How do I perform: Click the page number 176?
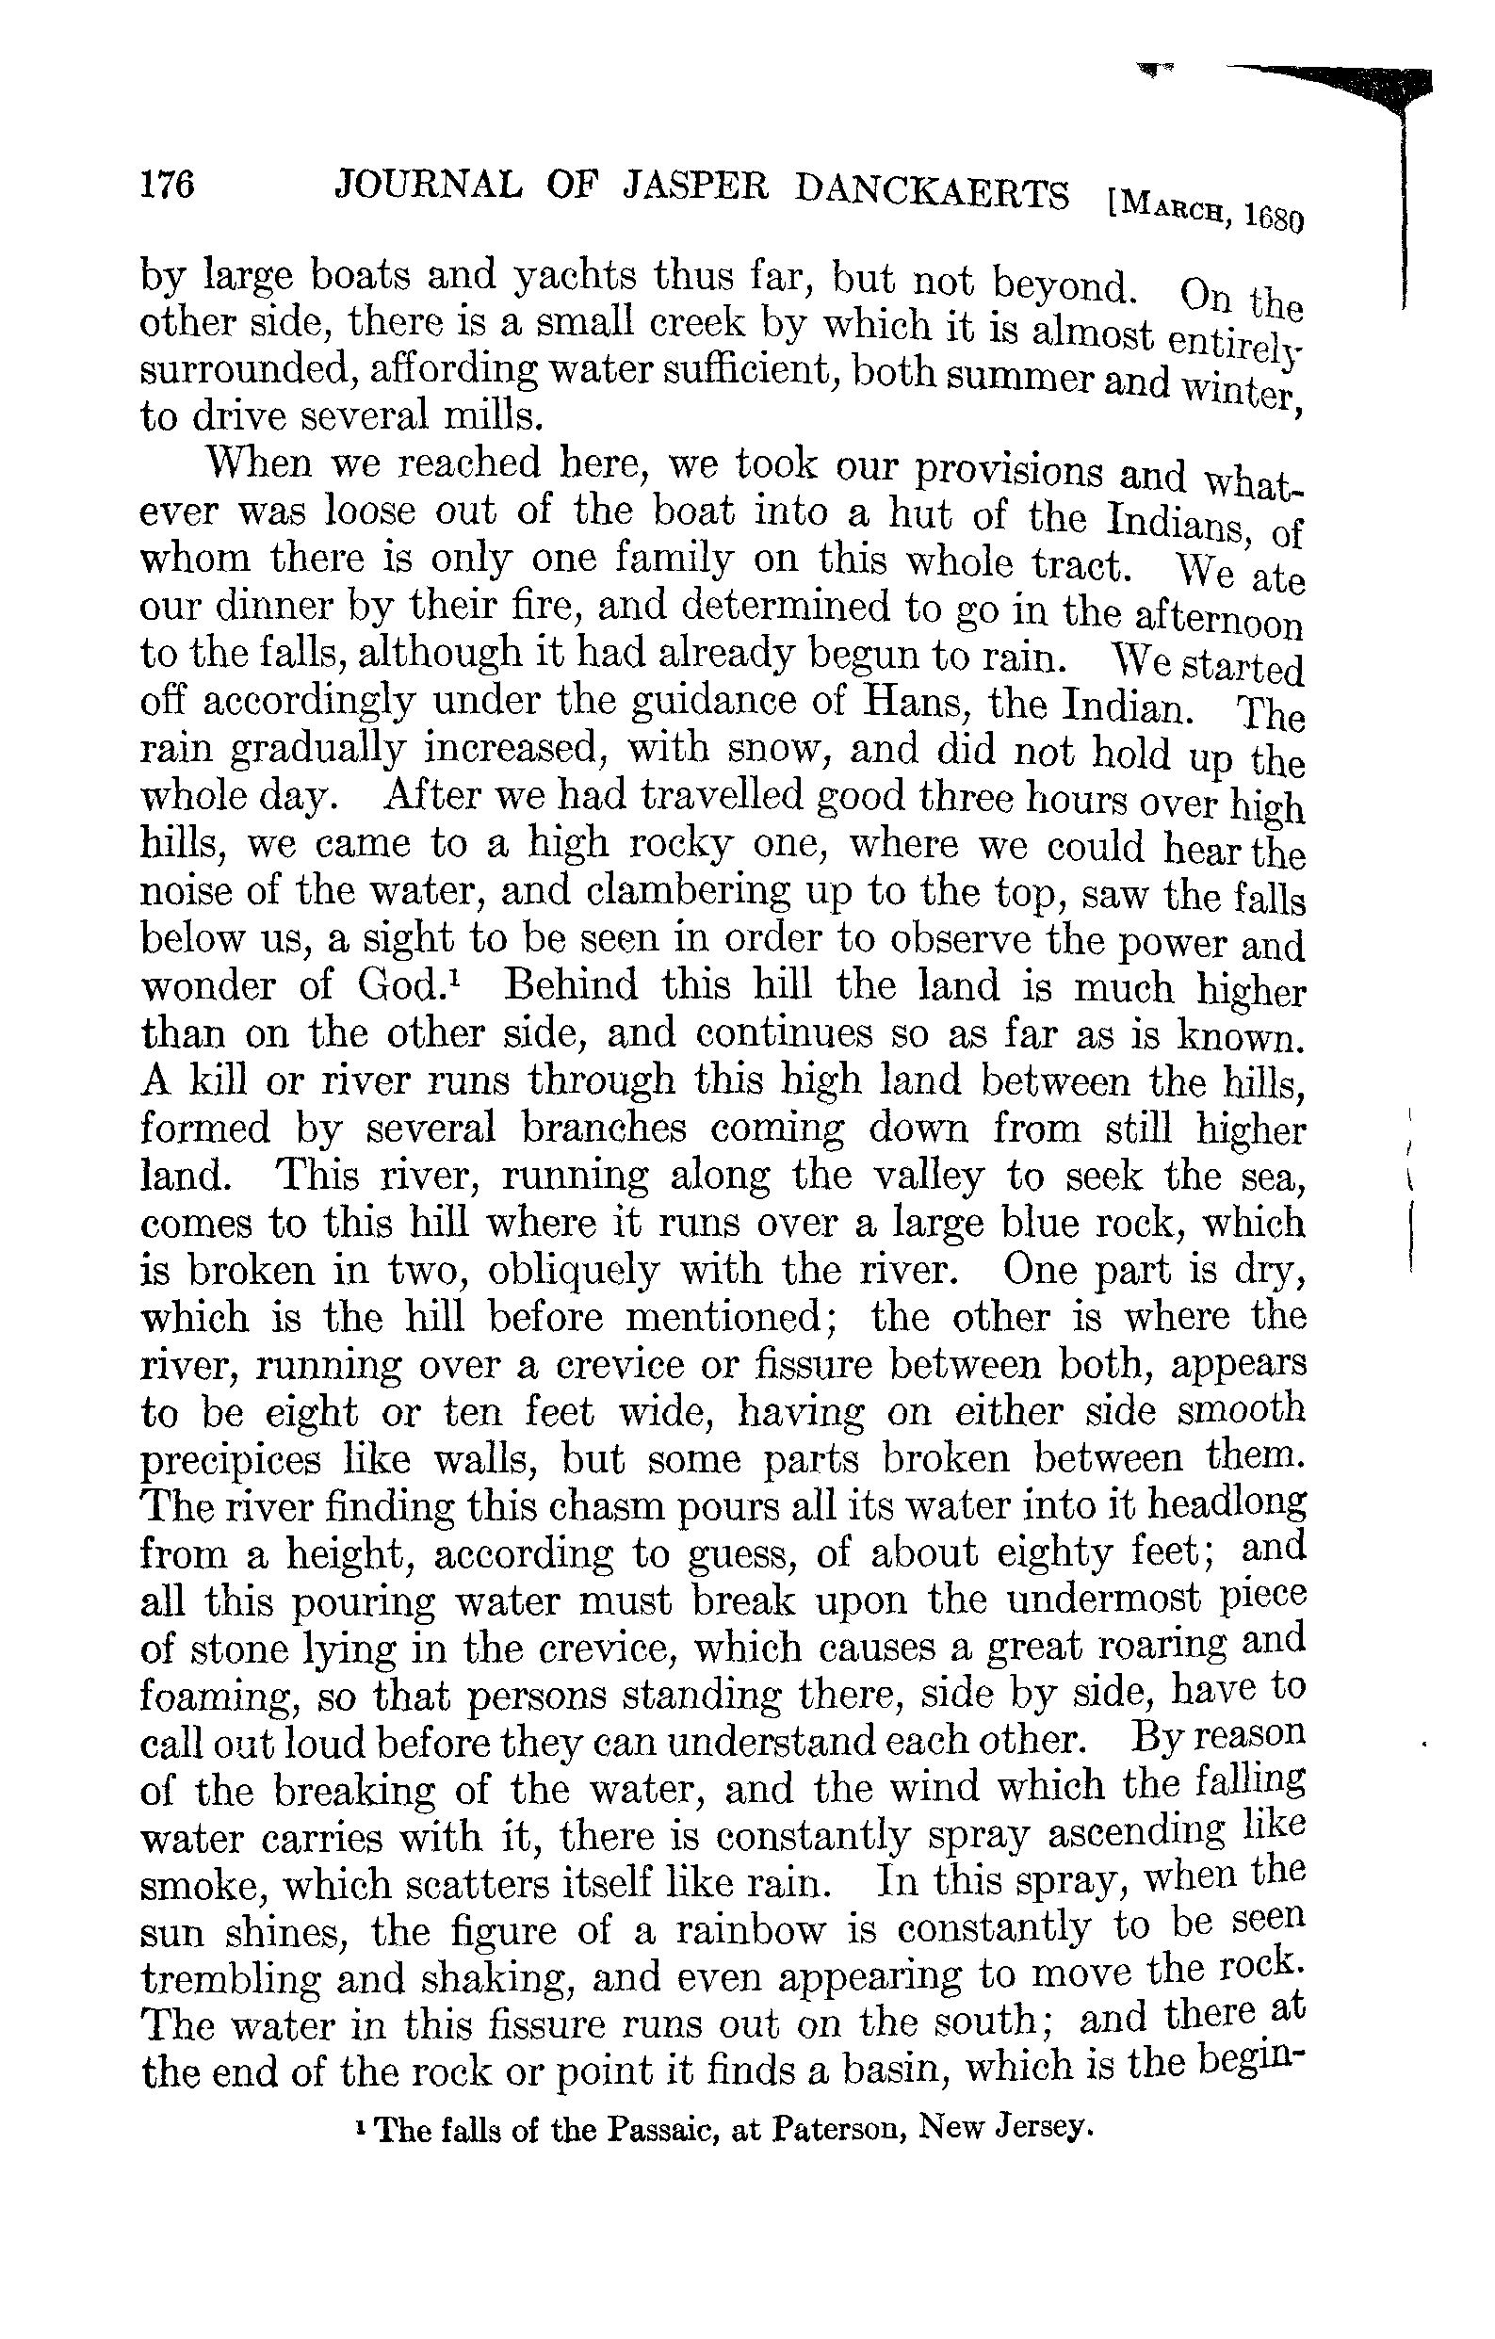(168, 184)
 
